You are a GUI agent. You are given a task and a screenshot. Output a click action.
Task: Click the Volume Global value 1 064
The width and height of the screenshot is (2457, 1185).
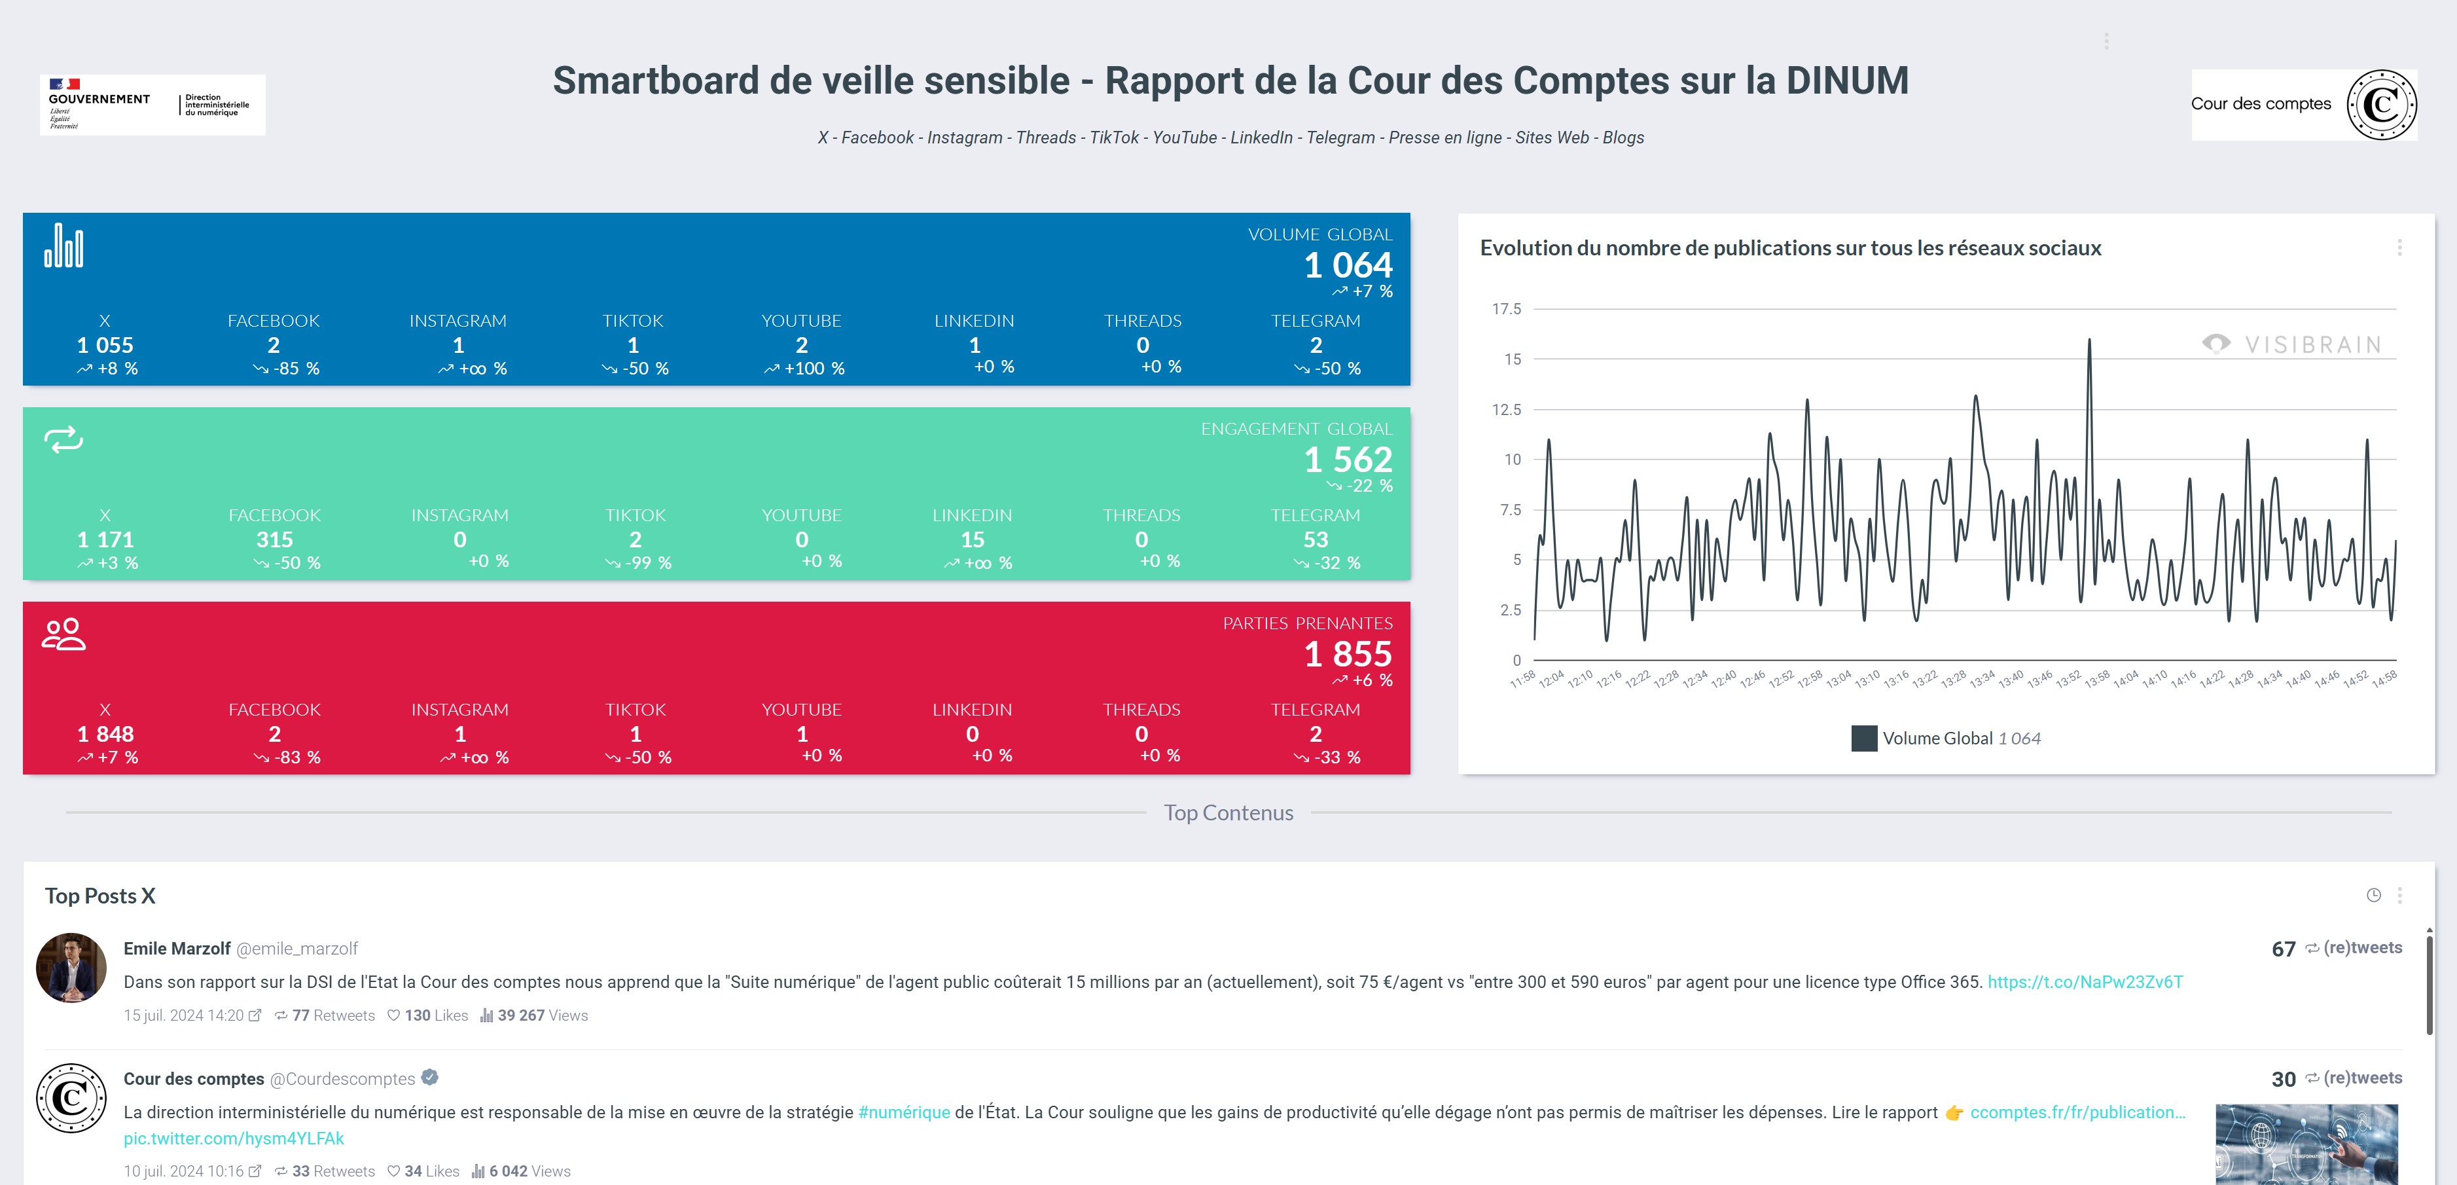1348,264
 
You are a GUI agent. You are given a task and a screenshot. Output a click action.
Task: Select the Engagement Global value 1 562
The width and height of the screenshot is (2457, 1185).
1348,460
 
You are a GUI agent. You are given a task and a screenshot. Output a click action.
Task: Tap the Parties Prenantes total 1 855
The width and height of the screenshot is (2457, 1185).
1348,655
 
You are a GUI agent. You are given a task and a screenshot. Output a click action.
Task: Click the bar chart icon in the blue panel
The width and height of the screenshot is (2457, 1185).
64,246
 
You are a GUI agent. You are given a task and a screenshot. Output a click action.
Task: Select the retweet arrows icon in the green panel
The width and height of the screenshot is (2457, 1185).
64,440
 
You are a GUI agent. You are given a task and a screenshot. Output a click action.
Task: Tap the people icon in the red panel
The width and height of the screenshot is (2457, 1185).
64,634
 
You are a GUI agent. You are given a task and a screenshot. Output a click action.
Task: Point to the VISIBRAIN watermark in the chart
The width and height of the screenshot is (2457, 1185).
2292,344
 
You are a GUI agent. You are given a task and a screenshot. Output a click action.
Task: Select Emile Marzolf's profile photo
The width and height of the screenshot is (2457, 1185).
71,968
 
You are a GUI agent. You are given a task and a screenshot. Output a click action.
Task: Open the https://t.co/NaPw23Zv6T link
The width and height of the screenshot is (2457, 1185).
2085,982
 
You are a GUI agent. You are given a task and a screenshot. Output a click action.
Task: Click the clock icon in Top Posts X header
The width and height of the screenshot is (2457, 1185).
2374,895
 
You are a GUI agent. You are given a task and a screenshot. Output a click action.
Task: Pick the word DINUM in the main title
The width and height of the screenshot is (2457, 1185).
1846,81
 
